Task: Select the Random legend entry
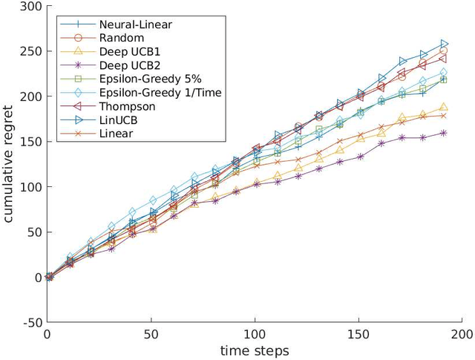coord(111,37)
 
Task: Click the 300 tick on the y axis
coord(30,7)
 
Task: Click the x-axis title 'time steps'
coord(255,350)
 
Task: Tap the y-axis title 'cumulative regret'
coord(9,165)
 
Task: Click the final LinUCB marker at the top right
coord(445,44)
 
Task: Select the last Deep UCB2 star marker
coord(445,134)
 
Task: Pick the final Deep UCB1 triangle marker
coord(445,107)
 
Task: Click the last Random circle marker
coord(445,50)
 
